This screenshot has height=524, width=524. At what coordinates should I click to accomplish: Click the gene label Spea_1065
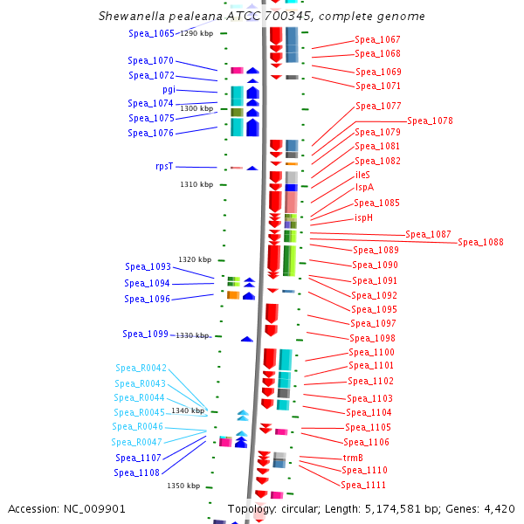coord(151,33)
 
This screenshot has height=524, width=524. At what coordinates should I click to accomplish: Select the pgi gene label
coord(169,90)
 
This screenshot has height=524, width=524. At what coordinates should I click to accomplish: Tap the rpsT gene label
coord(164,166)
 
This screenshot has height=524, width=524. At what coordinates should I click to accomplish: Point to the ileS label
coord(362,175)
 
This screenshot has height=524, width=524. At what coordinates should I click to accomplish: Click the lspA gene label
coord(364,187)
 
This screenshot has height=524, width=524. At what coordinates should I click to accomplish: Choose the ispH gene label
coord(363,217)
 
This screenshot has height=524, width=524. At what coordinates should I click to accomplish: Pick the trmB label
coord(353,458)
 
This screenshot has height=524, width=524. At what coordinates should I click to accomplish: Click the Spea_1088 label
coord(480,242)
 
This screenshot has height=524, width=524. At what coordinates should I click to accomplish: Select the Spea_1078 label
coord(430,121)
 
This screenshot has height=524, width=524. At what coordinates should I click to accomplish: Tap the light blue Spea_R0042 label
coord(141,368)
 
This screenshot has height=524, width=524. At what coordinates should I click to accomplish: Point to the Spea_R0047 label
coord(137,442)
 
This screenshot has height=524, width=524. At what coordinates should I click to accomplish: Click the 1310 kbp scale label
coord(196,184)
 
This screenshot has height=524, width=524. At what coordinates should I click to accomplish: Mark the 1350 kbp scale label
coord(183,486)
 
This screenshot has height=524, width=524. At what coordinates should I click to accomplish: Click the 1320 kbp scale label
coord(195,259)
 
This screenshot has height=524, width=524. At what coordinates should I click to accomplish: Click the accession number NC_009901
coord(94,509)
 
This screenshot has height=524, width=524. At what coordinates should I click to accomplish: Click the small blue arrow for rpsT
coord(252,168)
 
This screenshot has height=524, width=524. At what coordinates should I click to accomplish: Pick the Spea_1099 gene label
coord(145,334)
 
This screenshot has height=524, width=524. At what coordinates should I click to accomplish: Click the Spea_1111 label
coord(363,485)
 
